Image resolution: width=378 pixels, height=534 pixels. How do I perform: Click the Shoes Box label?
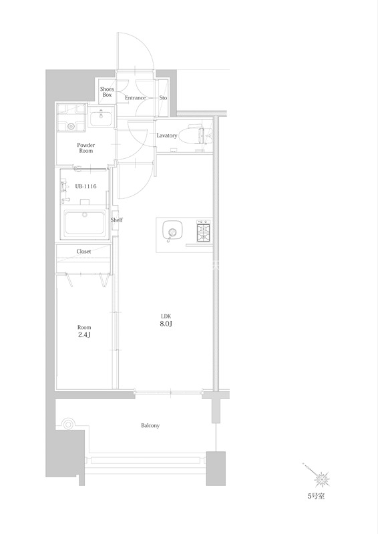(x=107, y=92)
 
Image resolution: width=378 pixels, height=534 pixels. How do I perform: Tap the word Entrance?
(x=135, y=97)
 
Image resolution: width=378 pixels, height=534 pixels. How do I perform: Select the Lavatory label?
(x=167, y=136)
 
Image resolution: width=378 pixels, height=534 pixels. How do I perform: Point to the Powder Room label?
(x=86, y=148)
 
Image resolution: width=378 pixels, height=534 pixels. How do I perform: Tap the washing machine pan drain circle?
(x=71, y=126)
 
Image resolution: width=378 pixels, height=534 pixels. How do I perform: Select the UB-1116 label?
(x=85, y=186)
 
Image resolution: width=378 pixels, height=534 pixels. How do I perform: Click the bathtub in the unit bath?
(x=85, y=222)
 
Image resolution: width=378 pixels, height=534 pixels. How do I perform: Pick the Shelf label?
(x=117, y=220)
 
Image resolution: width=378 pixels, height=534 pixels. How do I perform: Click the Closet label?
(x=83, y=252)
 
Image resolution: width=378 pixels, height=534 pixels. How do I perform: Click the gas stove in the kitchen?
(x=204, y=231)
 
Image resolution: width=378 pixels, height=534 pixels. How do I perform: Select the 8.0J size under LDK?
(x=166, y=324)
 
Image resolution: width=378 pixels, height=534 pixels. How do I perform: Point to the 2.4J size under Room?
(x=84, y=335)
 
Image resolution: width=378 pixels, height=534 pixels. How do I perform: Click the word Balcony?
(x=150, y=425)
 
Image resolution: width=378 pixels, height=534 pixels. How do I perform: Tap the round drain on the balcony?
(x=67, y=425)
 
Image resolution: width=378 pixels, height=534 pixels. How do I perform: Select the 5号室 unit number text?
(x=316, y=496)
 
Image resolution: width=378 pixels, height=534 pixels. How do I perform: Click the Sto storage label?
(x=163, y=97)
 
